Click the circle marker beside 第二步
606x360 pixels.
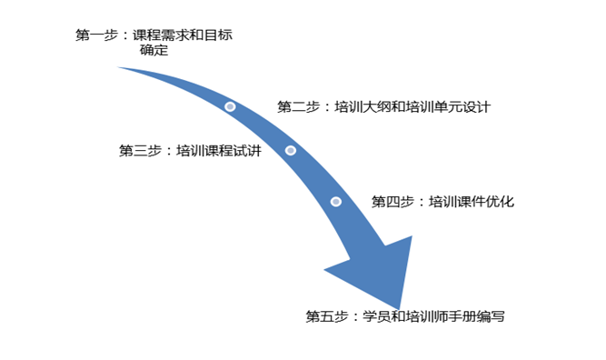pos(230,106)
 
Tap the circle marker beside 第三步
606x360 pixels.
pos(291,150)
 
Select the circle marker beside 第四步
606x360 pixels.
pos(336,202)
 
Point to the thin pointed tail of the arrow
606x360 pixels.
pos(119,67)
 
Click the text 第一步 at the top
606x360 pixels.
pos(96,35)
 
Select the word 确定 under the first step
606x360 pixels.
pos(154,50)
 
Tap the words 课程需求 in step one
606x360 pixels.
pos(161,35)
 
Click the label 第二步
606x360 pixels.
pos(298,106)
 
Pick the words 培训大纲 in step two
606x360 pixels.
pos(363,106)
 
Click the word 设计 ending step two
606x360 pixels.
pos(476,106)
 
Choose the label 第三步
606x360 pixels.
pos(140,150)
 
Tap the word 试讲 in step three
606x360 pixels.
pos(247,150)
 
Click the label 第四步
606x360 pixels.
pos(392,202)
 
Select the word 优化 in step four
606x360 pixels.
pos(500,202)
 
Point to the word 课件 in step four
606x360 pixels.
pos(472,202)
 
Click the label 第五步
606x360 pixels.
pos(327,316)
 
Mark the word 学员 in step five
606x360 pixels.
pos(377,316)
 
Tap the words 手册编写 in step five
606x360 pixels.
pos(476,316)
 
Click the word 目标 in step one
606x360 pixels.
pos(218,35)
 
